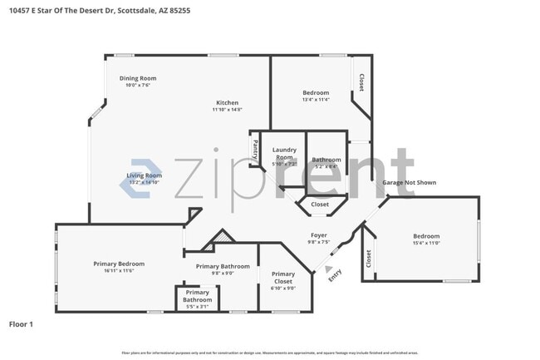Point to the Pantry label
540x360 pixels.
254,151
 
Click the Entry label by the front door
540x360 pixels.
335,274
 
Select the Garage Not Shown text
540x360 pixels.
409,182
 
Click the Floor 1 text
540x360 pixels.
21,324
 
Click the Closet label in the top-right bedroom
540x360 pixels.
361,82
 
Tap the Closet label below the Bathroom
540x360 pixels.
319,204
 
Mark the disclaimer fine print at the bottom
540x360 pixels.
269,353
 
